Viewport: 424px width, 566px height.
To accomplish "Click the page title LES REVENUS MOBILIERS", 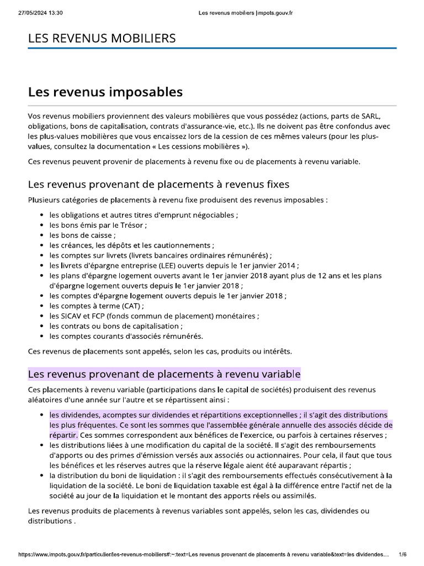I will click(x=102, y=38).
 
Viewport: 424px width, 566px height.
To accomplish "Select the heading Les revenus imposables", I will click(x=105, y=92).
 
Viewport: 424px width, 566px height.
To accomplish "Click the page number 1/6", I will click(x=402, y=554).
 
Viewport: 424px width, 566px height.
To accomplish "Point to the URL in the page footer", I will click(x=204, y=554).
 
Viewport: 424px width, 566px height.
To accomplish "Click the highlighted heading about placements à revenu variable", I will click(x=164, y=374).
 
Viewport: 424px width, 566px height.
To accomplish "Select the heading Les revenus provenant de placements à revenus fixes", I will click(x=158, y=184).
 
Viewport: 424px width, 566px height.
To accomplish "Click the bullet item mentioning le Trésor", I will click(x=98, y=225).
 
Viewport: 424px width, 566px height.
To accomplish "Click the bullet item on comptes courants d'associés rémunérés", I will click(x=126, y=336).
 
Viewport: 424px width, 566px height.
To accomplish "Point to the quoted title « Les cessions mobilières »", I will click(x=204, y=146).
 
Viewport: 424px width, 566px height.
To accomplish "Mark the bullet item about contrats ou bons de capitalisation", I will click(x=115, y=326).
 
